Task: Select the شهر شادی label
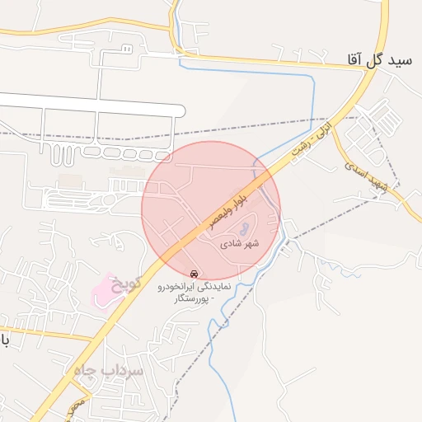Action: click(x=240, y=244)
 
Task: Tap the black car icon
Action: click(x=194, y=273)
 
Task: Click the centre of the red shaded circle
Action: click(x=211, y=210)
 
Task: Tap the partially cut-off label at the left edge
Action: click(x=5, y=340)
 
